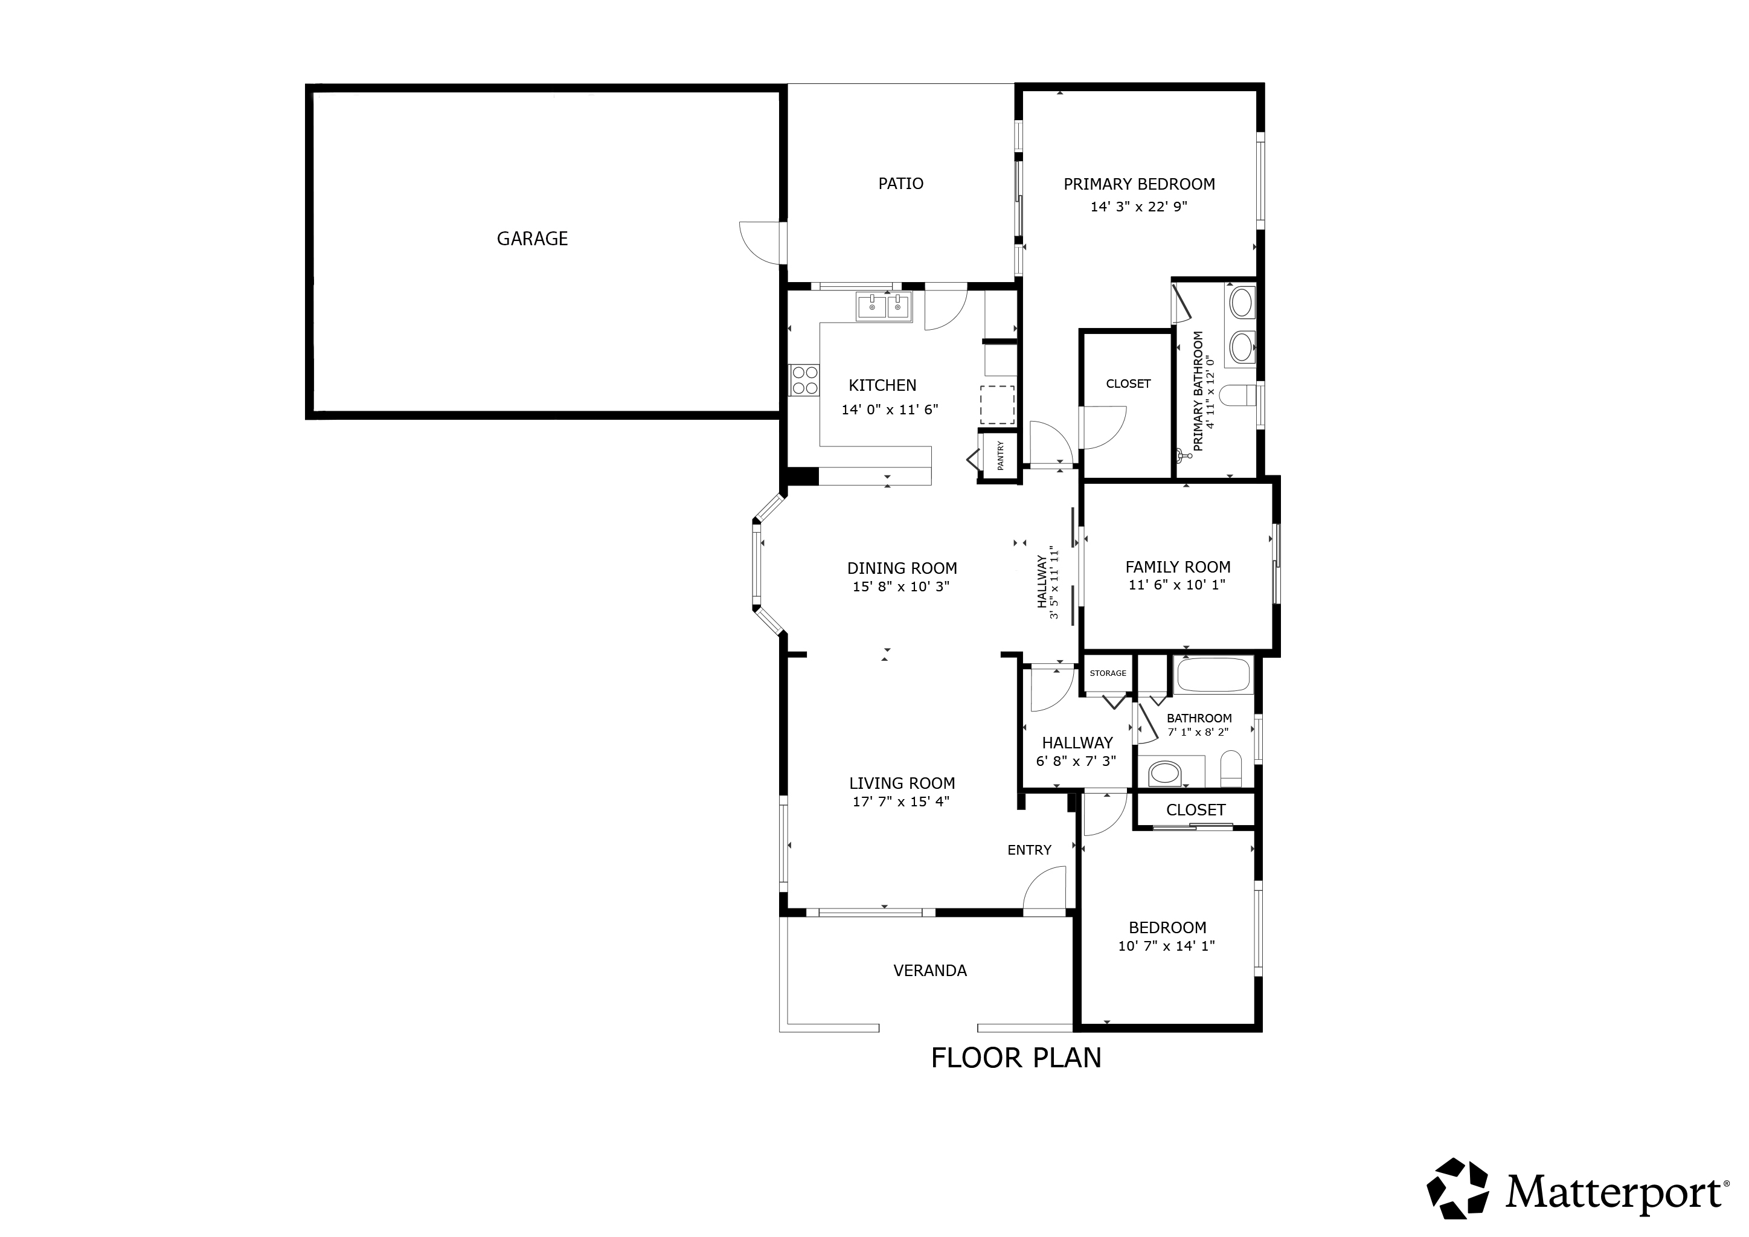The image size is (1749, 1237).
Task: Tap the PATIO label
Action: [x=900, y=184]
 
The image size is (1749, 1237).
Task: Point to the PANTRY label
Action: [x=1000, y=455]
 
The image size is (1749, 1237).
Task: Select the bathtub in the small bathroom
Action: [x=1213, y=674]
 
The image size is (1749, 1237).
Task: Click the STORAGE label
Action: [x=1108, y=673]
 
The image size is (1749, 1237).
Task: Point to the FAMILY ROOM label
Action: [x=1178, y=567]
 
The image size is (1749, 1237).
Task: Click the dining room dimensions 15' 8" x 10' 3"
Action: [x=901, y=586]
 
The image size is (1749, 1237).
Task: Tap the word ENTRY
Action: [x=1029, y=850]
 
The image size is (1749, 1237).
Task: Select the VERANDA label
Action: [x=929, y=971]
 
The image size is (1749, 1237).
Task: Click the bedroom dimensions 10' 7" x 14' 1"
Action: [x=1166, y=946]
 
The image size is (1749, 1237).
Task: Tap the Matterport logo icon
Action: [x=1457, y=1187]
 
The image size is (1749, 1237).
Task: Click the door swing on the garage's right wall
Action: [x=760, y=242]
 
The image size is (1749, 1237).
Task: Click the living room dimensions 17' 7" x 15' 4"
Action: [x=901, y=802]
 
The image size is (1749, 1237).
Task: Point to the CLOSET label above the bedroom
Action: [x=1195, y=810]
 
